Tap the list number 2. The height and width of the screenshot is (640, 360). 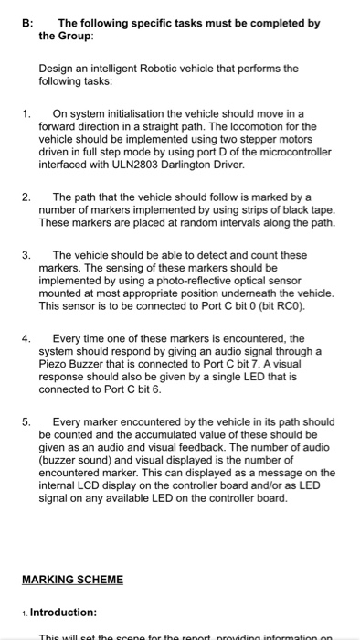pyautogui.click(x=26, y=197)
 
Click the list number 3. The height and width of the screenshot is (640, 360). pyautogui.click(x=26, y=255)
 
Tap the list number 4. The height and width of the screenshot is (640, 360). pyautogui.click(x=26, y=338)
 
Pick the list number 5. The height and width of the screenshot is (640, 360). pyautogui.click(x=26, y=422)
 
